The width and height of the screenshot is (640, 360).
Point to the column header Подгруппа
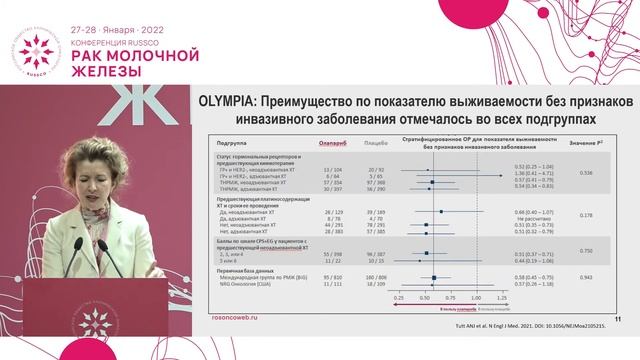(235, 142)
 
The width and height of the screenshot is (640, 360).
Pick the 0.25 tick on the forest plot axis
(400, 298)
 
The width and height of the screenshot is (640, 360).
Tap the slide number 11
(618, 319)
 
